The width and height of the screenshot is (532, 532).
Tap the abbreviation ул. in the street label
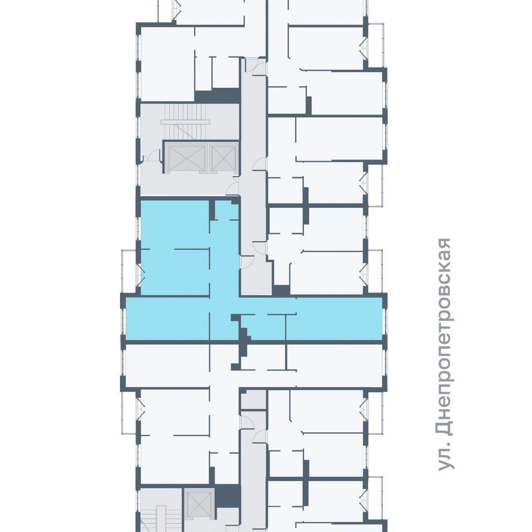point(445,458)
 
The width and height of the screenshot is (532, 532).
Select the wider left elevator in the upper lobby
point(185,158)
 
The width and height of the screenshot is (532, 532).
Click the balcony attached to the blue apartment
point(129,271)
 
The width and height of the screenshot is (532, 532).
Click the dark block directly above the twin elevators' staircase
point(217,96)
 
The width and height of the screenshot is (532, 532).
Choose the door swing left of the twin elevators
point(152,156)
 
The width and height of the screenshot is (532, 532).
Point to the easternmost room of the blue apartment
point(334,319)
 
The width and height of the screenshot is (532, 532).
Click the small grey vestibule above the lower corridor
point(253,400)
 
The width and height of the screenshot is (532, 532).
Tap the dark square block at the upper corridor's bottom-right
point(281,290)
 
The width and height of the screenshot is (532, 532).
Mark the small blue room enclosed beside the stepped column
point(263,327)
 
